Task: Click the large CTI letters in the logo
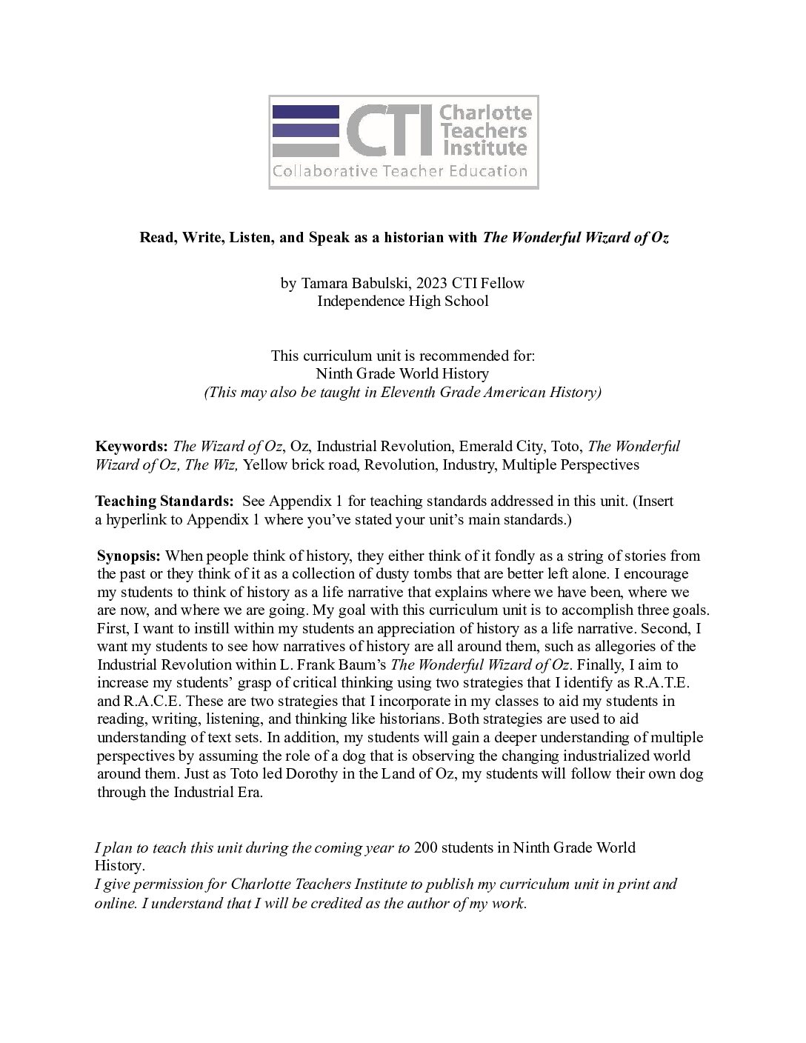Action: point(390,131)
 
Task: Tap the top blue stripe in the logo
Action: point(306,113)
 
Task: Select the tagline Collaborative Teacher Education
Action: point(400,172)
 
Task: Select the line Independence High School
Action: point(402,301)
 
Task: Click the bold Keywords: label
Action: point(132,447)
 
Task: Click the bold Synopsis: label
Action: point(129,556)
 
